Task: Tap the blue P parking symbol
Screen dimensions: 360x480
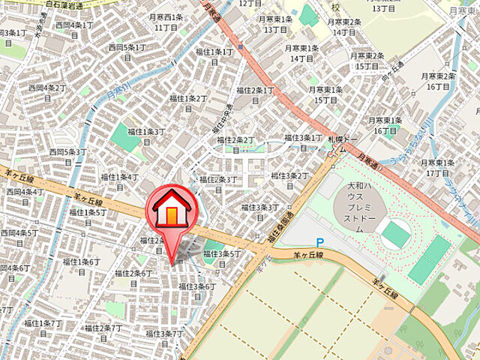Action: click(319, 242)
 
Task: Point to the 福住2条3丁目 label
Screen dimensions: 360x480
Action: click(217, 183)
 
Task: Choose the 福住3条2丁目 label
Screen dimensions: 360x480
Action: click(289, 180)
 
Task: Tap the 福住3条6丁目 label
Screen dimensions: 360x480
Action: click(195, 290)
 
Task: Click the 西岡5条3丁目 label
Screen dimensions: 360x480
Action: click(68, 156)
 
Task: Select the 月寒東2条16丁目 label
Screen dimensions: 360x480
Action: click(438, 81)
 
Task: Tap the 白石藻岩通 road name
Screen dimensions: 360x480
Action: click(63, 5)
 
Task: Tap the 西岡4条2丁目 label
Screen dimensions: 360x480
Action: click(47, 92)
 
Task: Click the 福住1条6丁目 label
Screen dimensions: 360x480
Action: click(81, 265)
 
